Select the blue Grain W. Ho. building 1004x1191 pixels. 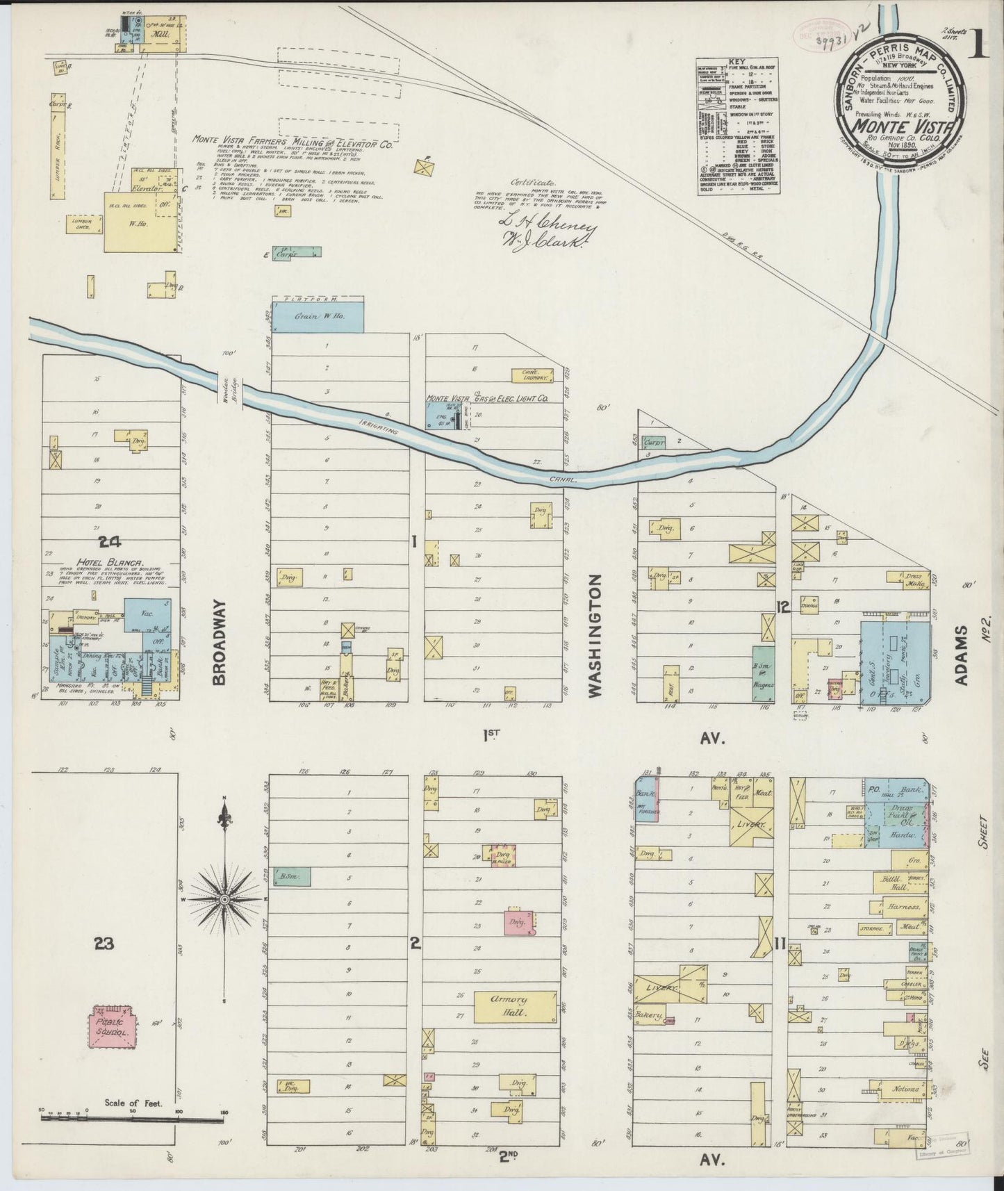(x=318, y=318)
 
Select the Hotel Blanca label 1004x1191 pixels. (x=115, y=563)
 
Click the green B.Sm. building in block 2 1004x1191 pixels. (x=290, y=878)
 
